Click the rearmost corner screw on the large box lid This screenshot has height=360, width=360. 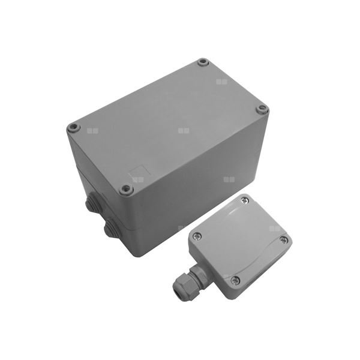coord(203,62)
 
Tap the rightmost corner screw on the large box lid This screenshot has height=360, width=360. coord(262,109)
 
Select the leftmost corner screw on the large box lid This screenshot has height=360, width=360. coord(73,128)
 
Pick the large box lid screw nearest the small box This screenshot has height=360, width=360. coord(126,189)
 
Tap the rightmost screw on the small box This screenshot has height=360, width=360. coord(284,240)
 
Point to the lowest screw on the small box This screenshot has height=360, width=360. coord(235,280)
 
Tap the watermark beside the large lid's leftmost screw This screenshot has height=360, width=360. coord(91,130)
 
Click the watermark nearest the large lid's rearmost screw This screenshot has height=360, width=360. coord(222,81)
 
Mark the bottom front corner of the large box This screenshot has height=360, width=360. coord(137,255)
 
